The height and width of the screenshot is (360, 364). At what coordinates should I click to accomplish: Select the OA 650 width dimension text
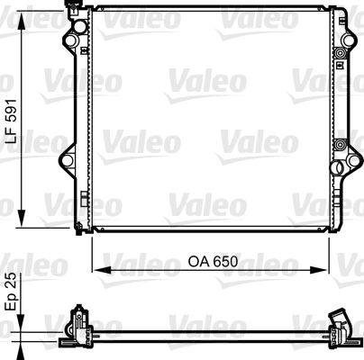(x=211, y=262)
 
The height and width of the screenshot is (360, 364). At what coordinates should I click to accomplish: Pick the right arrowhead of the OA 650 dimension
(x=321, y=267)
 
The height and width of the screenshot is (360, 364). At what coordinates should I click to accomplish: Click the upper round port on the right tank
(x=340, y=56)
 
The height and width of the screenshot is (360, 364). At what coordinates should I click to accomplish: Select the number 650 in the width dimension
(x=224, y=262)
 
